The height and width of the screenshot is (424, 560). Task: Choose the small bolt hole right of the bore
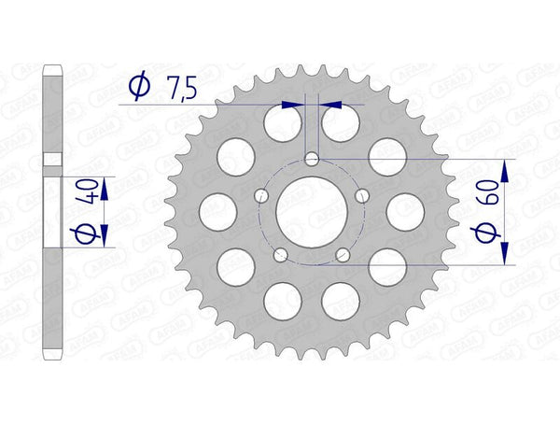click(x=362, y=195)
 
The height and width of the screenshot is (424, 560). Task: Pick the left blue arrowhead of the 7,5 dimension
click(x=295, y=106)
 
